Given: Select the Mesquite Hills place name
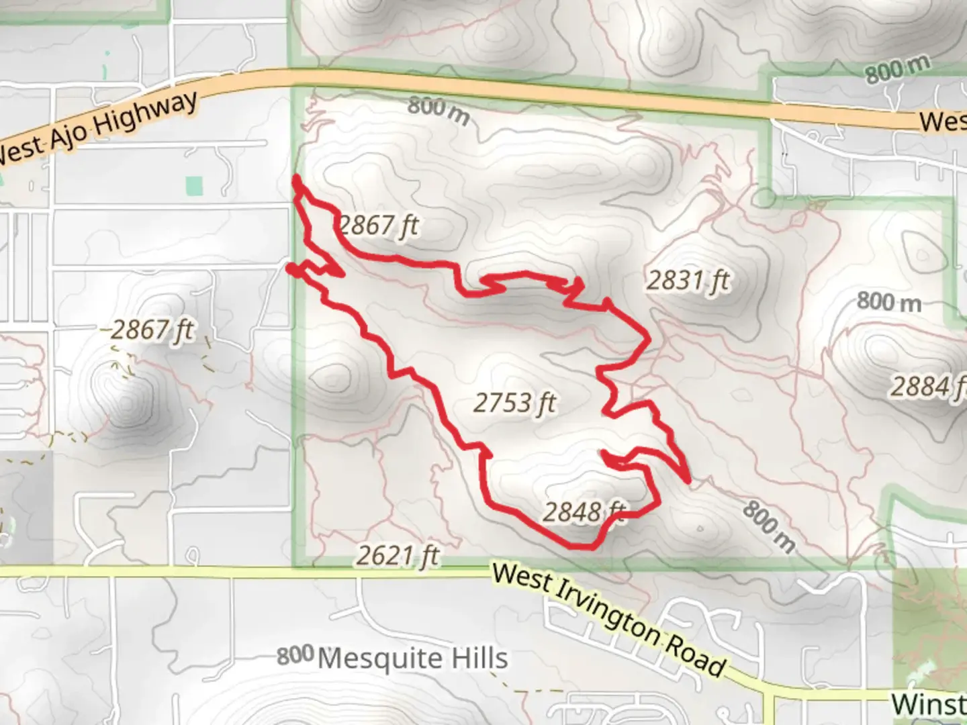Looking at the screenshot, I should pos(412,658).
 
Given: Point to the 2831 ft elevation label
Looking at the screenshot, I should pos(688,280).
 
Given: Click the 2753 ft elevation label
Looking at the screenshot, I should pos(515,403).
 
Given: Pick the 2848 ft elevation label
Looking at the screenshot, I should pos(583,512).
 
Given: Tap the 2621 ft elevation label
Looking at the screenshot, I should pos(398,555).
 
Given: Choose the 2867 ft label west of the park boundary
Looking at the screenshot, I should pos(152,330).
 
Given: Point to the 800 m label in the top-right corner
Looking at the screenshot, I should pos(897,69).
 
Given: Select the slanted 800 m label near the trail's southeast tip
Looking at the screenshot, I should pos(768,527).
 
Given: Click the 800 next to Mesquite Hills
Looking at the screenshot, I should pos(295,656).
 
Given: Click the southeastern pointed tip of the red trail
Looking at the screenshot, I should pos(688,481).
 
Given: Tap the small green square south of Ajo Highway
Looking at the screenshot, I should pos(194,186).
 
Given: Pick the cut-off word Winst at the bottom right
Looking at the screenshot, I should pos(928,704).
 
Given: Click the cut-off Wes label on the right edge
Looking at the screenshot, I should pos(943,122).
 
